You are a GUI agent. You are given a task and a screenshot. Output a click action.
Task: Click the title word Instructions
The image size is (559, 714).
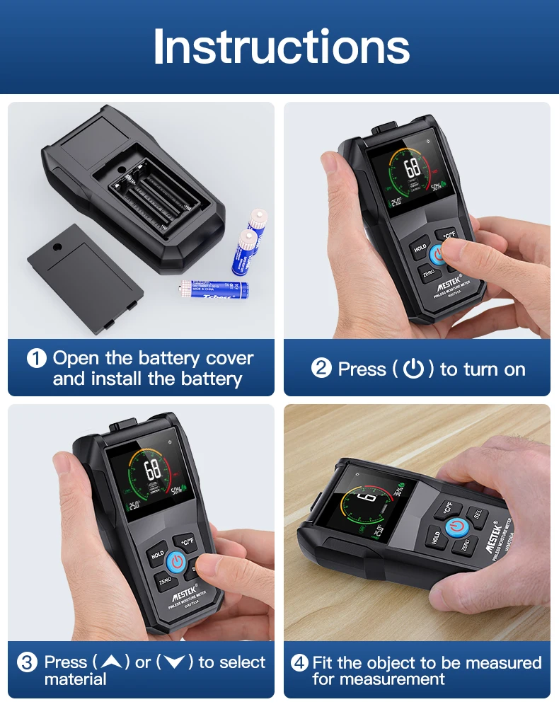(281, 47)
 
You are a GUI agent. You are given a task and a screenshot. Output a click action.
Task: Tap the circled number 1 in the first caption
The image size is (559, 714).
(37, 359)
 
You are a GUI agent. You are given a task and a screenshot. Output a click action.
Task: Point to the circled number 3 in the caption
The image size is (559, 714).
(28, 663)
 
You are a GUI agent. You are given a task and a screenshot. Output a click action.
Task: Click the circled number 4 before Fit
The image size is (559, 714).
(300, 663)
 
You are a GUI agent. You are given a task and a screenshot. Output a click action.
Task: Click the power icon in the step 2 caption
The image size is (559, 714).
(413, 369)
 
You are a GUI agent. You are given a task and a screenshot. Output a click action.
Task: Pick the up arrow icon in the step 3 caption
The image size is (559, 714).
(111, 663)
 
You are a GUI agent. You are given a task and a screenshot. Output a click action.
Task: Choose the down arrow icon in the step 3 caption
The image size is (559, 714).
(174, 663)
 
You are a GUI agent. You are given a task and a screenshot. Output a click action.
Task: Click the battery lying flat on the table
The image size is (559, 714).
(214, 289)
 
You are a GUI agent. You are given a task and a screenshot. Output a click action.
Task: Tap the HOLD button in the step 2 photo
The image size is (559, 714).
(420, 248)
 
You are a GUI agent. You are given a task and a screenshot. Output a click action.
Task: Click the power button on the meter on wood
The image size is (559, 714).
(456, 528)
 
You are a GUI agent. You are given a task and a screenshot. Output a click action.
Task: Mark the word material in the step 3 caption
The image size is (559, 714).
(75, 679)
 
